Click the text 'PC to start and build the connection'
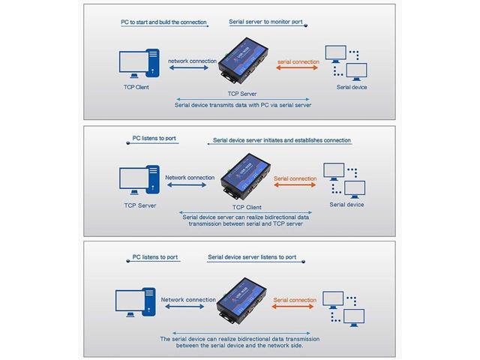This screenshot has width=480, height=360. point(164,22)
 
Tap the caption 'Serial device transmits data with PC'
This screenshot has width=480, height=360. point(243,105)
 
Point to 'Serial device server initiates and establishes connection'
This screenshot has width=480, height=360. point(282,140)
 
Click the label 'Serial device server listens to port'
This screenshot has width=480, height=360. point(251,257)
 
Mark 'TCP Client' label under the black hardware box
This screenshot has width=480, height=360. point(247,207)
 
